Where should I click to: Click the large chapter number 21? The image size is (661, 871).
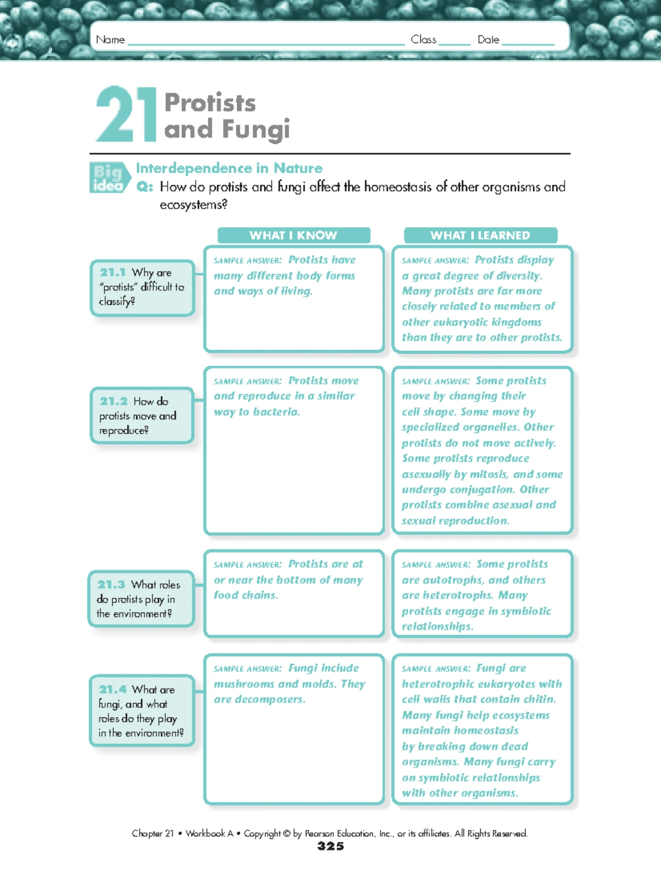tap(126, 115)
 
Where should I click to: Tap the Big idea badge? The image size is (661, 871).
tap(108, 178)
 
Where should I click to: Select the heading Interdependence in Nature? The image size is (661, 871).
tap(229, 168)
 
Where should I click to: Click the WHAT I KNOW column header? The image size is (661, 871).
tap(293, 235)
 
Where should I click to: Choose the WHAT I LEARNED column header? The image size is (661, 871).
tap(480, 235)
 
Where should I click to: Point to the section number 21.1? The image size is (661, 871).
tap(113, 272)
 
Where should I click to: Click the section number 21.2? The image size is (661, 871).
tap(113, 401)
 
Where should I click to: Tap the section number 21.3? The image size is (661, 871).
tap(111, 585)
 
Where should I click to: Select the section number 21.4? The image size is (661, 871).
tap(113, 689)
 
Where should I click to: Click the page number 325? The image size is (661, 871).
tap(330, 846)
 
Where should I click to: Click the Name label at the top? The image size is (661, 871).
tap(110, 40)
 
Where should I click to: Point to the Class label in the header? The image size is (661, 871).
tap(423, 40)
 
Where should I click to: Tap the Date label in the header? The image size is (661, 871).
tap(488, 40)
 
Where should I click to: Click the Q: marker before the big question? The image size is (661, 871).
tap(144, 187)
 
